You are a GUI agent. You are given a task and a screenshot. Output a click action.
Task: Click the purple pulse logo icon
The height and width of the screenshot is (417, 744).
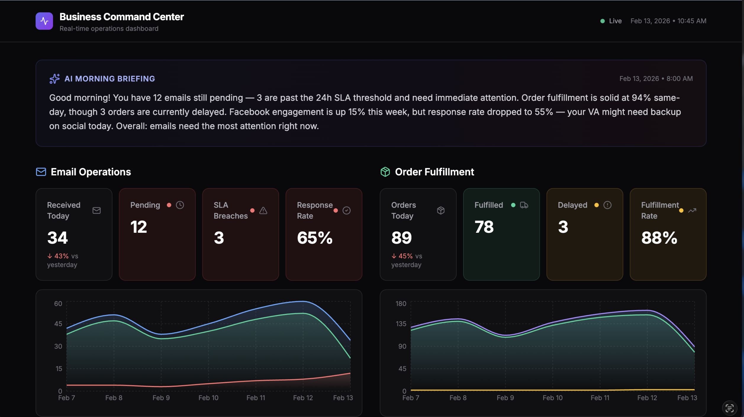pyautogui.click(x=44, y=21)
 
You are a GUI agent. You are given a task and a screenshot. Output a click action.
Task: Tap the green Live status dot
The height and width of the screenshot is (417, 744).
pyautogui.click(x=602, y=21)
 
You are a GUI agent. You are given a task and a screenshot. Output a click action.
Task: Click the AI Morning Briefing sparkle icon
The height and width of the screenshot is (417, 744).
pyautogui.click(x=54, y=79)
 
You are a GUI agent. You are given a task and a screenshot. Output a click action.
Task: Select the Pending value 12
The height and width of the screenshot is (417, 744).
pyautogui.click(x=139, y=227)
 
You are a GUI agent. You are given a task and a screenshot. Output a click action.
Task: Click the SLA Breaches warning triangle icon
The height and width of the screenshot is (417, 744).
pyautogui.click(x=263, y=211)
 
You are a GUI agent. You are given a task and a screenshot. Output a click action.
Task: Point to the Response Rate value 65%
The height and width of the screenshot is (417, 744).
pyautogui.click(x=315, y=238)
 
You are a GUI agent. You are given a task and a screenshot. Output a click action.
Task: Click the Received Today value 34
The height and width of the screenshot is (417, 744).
pyautogui.click(x=58, y=238)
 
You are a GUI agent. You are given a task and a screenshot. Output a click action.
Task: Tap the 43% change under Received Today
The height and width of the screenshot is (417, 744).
pyautogui.click(x=61, y=256)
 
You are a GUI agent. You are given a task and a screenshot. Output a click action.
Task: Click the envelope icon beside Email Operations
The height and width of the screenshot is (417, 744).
pyautogui.click(x=41, y=172)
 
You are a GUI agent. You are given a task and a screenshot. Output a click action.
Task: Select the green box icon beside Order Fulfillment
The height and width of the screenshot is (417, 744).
pyautogui.click(x=385, y=172)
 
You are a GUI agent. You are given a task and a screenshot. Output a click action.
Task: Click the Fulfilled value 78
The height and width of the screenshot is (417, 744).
pyautogui.click(x=484, y=227)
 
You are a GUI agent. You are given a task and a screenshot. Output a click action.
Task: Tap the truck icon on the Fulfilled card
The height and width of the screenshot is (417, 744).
pyautogui.click(x=524, y=205)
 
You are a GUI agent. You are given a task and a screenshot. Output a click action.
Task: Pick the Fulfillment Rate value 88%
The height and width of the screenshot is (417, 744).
pyautogui.click(x=659, y=238)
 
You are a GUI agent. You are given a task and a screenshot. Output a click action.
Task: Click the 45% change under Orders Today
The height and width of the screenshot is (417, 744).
pyautogui.click(x=405, y=256)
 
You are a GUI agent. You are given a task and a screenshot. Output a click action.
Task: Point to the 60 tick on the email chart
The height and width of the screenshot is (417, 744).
pyautogui.click(x=58, y=304)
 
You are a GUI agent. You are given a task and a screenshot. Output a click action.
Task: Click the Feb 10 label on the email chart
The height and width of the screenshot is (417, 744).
pyautogui.click(x=208, y=398)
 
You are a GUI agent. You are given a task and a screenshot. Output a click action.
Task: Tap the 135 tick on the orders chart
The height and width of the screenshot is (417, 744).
pyautogui.click(x=401, y=324)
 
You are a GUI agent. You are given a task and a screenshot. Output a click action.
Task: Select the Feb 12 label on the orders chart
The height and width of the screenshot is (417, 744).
pyautogui.click(x=647, y=398)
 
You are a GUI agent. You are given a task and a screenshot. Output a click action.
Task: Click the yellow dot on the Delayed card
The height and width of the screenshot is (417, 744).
pyautogui.click(x=596, y=205)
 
